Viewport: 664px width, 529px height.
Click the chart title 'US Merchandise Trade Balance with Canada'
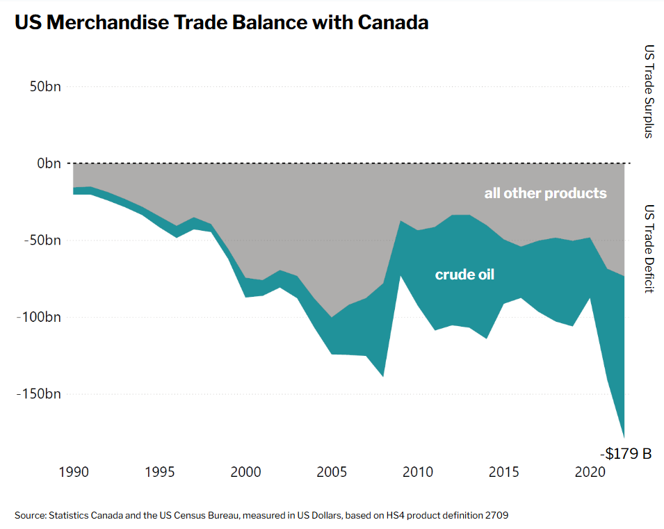pyautogui.click(x=221, y=23)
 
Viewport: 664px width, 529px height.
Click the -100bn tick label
pyautogui.click(x=38, y=317)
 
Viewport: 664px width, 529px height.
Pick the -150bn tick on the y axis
pyautogui.click(x=38, y=394)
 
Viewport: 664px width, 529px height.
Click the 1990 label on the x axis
pyautogui.click(x=74, y=472)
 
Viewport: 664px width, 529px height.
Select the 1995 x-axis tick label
pyautogui.click(x=160, y=472)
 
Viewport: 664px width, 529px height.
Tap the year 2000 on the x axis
pyautogui.click(x=246, y=472)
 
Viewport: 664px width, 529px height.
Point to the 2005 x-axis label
pyautogui.click(x=332, y=472)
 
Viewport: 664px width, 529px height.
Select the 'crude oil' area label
pyautogui.click(x=464, y=275)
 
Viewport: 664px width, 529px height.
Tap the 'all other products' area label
pyautogui.click(x=545, y=193)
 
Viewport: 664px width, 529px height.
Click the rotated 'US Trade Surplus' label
pyautogui.click(x=649, y=92)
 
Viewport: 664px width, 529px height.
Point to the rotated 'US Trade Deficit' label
pyautogui.click(x=649, y=249)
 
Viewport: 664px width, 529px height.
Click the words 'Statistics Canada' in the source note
pyautogui.click(x=83, y=515)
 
